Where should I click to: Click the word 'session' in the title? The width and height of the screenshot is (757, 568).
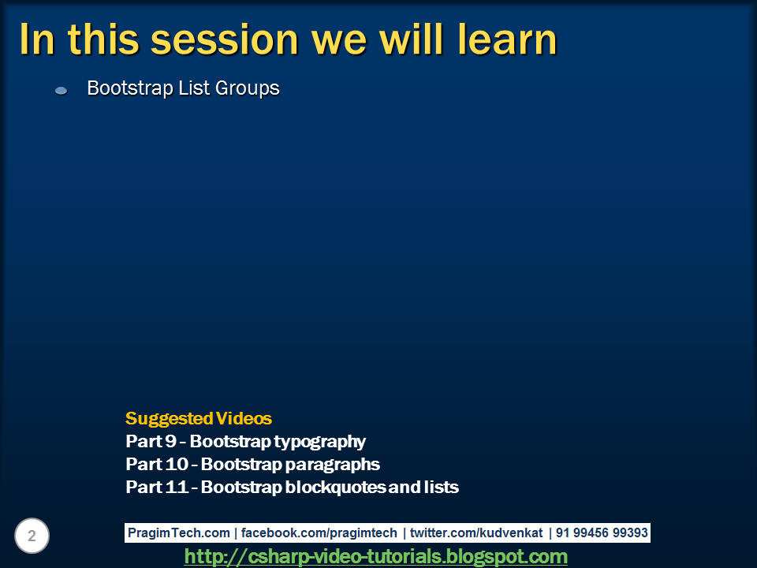tap(225, 39)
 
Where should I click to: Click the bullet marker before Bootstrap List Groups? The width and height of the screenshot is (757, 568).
tap(61, 90)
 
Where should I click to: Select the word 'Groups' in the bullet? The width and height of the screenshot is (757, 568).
tap(247, 88)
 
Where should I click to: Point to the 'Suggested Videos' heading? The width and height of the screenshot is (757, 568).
tap(199, 418)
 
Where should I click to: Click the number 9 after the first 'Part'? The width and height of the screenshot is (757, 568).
tap(171, 441)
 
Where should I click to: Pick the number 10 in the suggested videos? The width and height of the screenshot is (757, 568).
tap(176, 464)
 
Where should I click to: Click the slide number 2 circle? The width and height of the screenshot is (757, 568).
tap(32, 536)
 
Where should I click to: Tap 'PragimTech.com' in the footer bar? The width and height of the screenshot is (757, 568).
tap(179, 532)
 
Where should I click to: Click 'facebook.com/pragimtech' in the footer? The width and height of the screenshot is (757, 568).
tap(319, 532)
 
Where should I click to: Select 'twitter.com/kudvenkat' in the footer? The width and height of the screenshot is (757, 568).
tap(476, 532)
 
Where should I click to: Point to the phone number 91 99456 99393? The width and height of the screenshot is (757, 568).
tap(602, 532)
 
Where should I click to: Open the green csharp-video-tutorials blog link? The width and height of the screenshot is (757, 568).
tap(375, 556)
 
